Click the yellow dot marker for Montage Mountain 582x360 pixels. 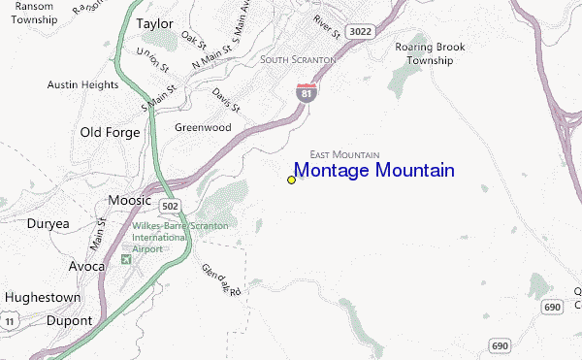pyautogui.click(x=291, y=180)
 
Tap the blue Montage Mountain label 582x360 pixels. pyautogui.click(x=373, y=171)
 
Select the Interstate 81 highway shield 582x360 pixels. pyautogui.click(x=304, y=92)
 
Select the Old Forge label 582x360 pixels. pyautogui.click(x=111, y=132)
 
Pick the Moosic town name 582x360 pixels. pyautogui.click(x=129, y=200)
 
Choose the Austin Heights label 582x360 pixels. pyautogui.click(x=81, y=84)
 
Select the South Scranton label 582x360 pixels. pyautogui.click(x=298, y=60)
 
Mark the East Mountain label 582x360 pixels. pyautogui.click(x=343, y=154)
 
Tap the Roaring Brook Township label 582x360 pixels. pyautogui.click(x=424, y=52)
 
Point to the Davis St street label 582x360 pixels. pyautogui.click(x=226, y=99)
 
